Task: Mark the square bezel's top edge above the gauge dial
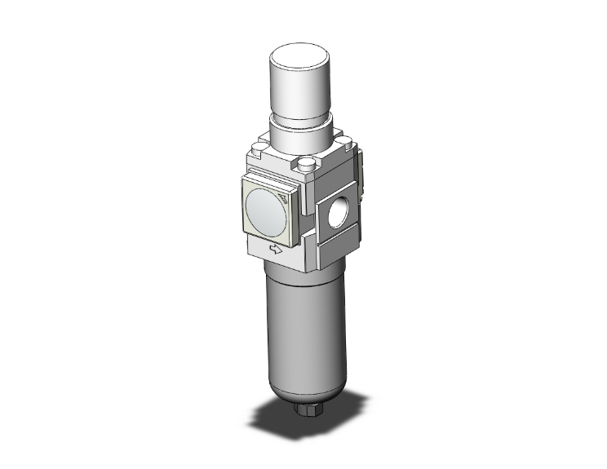(x=269, y=178)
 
